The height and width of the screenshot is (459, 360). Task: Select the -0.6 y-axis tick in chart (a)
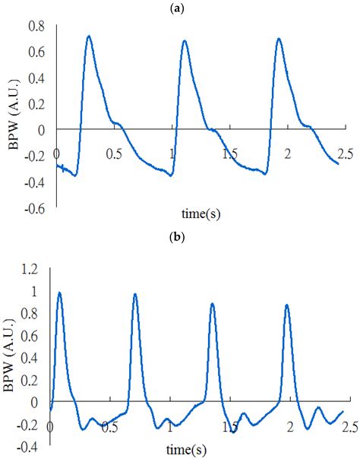pyautogui.click(x=34, y=205)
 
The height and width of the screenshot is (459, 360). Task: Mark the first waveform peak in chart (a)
pyautogui.click(x=89, y=36)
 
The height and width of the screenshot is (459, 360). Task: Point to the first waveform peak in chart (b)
pyautogui.click(x=59, y=293)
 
